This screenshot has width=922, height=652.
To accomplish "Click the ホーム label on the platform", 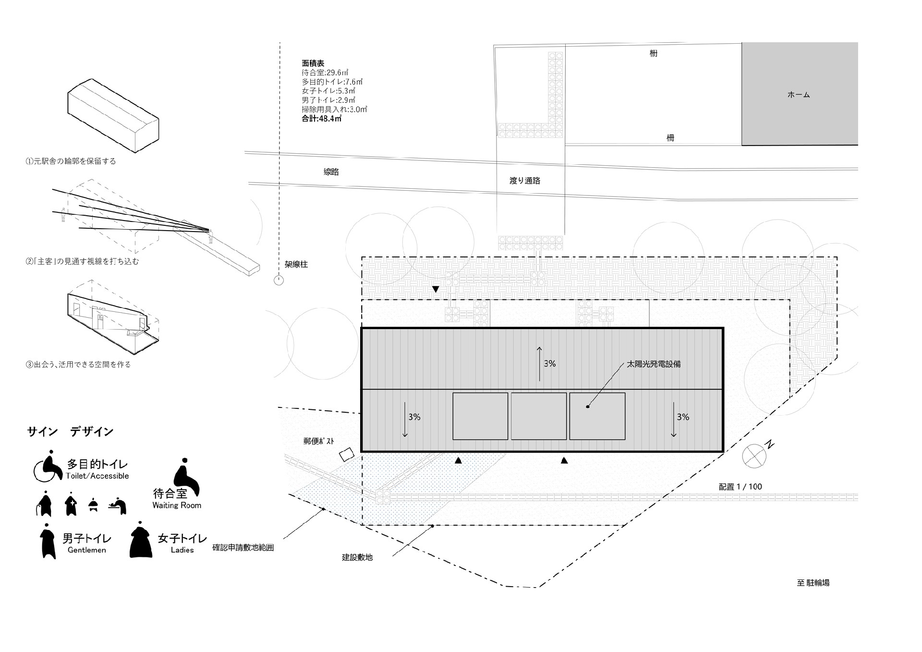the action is tap(799, 95).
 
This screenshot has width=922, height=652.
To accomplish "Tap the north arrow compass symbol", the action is tap(754, 455).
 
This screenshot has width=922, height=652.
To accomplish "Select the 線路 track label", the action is tap(331, 172).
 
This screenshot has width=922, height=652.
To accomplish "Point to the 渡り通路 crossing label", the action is tap(525, 181).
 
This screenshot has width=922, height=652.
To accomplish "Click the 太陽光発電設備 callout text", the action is tap(654, 364).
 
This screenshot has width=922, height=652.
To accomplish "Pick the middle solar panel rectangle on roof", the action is tap(539, 416).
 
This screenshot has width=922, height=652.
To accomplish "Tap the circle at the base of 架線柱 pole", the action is tap(279, 280).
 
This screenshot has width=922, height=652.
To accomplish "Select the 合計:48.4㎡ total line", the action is tap(321, 118).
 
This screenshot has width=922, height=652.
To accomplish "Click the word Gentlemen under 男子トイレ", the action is tap(87, 550).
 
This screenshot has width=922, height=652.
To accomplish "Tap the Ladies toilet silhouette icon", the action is tap(141, 539).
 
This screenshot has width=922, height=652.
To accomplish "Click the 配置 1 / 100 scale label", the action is tap(740, 487).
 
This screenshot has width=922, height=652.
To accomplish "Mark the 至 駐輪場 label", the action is tap(813, 583).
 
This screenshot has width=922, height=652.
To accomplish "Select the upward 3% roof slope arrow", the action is tap(539, 364).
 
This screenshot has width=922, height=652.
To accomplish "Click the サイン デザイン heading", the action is tap(70, 431).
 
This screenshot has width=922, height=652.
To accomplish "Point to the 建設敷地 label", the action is tap(357, 557).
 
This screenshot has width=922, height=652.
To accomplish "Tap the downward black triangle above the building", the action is tap(436, 289).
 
